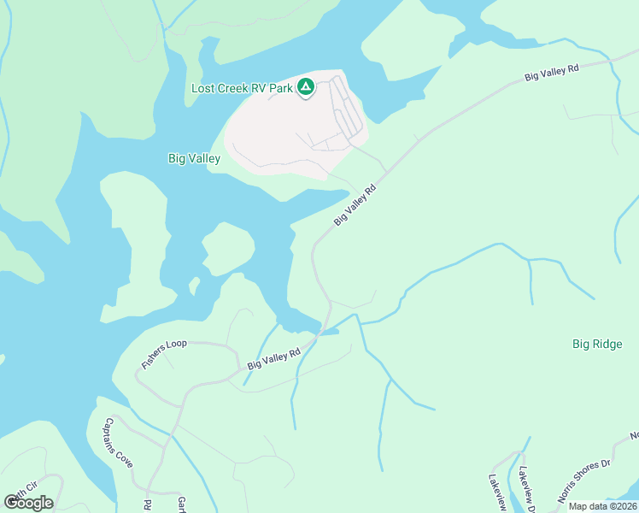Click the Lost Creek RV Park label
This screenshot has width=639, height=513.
(x=241, y=88)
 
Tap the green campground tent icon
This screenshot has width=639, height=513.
(x=306, y=87)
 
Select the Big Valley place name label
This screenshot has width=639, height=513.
(x=194, y=158)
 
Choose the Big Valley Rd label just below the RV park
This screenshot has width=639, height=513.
(x=355, y=206)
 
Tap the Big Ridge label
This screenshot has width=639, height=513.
(x=597, y=345)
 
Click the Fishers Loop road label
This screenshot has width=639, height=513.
(x=163, y=354)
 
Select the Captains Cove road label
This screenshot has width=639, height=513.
(x=119, y=442)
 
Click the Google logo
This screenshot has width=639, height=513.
(x=28, y=503)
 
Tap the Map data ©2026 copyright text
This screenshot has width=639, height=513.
(x=602, y=506)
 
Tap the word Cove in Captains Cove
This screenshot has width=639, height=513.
(x=126, y=457)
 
